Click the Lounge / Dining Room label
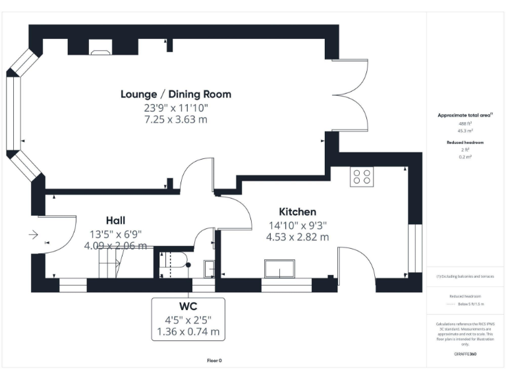click(176, 94)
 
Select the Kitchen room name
click(298, 212)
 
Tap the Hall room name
click(116, 220)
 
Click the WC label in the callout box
click(188, 307)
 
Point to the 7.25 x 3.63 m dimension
click(176, 119)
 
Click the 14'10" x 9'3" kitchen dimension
click(298, 225)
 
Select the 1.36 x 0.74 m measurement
click(188, 332)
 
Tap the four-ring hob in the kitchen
click(361, 177)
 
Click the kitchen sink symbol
click(280, 269)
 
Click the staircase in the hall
click(110, 265)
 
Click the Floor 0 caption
click(215, 360)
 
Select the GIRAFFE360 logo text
click(465, 354)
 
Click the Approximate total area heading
click(465, 115)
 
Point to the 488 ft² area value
click(465, 123)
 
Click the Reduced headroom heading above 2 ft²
click(465, 142)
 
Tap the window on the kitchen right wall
click(414, 248)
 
